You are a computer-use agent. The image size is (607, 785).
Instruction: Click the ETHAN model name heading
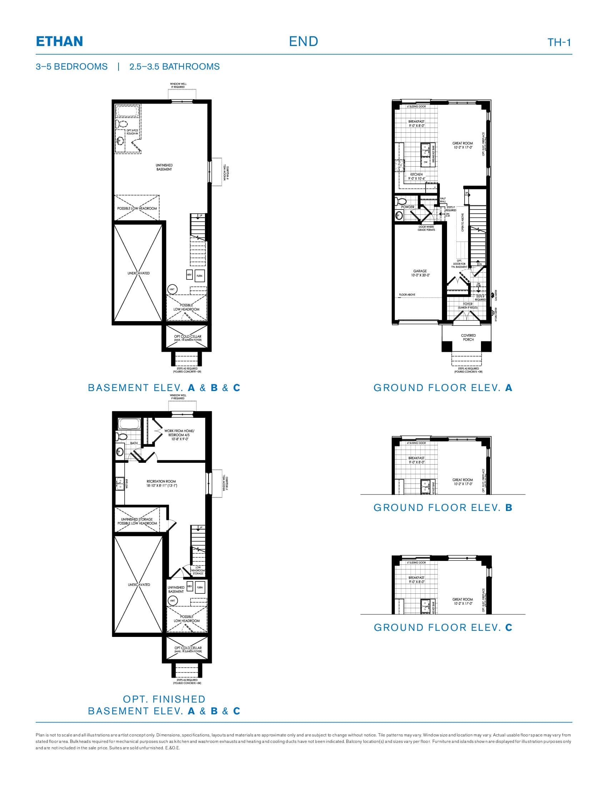[59, 41]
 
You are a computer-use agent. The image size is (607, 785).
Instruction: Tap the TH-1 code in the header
[559, 42]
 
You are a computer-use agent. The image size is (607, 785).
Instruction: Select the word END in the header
[303, 41]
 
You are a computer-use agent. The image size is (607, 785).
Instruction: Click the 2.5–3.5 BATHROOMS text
[174, 67]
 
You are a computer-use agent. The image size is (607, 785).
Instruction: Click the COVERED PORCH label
[468, 337]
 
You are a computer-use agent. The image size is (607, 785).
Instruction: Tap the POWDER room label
[408, 207]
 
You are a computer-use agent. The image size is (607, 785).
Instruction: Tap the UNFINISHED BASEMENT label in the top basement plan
[164, 167]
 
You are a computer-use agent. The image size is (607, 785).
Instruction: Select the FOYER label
[468, 304]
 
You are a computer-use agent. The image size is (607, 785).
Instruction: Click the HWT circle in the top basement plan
[172, 289]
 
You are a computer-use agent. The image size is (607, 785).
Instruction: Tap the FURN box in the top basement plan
[200, 276]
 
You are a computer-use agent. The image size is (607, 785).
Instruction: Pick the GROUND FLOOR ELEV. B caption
[443, 507]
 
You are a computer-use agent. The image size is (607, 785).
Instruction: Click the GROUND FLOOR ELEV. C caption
[443, 627]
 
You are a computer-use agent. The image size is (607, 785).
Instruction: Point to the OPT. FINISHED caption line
[164, 699]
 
